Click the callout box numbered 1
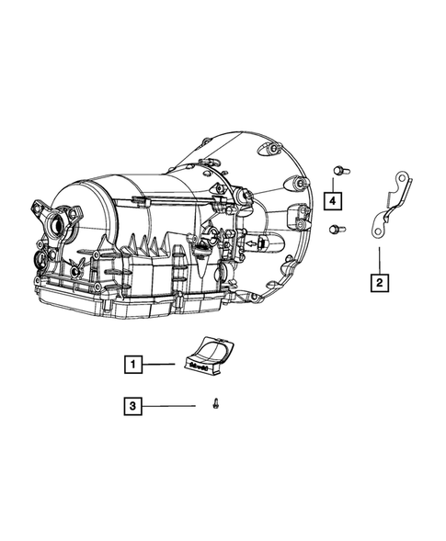pos(133,364)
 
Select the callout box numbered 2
pos(379,283)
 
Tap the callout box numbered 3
pos(133,406)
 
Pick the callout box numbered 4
pos(333,201)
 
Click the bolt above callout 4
pos(341,171)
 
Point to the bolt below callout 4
pos(337,229)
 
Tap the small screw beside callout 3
pos(216,403)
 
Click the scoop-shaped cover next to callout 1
pos(209,355)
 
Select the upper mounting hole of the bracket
pos(401,179)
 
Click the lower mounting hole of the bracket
pos(378,231)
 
